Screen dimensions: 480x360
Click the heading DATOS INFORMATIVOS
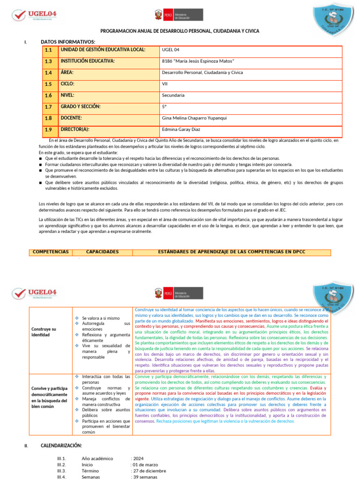67,42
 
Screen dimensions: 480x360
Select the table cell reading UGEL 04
170,50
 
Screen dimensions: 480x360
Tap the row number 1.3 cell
49,61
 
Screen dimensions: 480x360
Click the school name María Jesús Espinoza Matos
198,61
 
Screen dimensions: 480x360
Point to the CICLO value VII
165,84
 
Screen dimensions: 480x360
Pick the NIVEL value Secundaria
173,95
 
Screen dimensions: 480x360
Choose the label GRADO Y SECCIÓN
80,107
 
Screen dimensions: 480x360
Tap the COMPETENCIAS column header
50,252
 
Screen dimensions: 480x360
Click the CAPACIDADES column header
102,252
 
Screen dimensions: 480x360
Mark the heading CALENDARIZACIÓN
61,445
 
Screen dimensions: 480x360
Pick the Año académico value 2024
138,458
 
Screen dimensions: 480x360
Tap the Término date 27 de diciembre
149,471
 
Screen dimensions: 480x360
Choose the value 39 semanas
145,477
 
